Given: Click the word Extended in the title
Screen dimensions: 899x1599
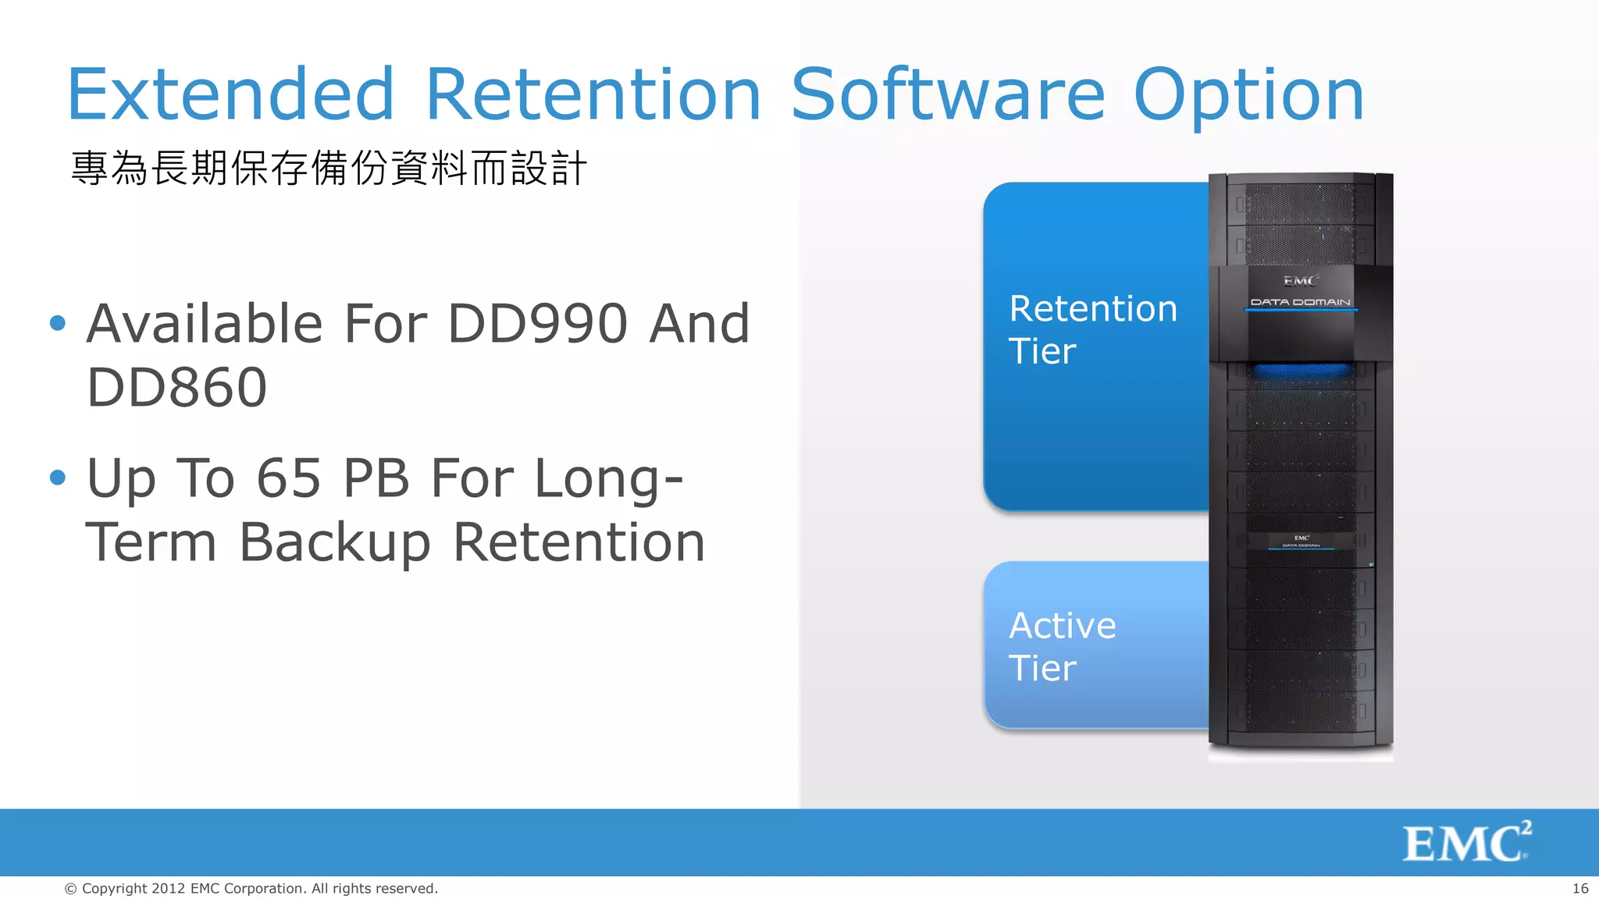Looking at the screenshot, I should click(x=231, y=95).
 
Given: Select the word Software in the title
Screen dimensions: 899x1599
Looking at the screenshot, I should click(x=948, y=95).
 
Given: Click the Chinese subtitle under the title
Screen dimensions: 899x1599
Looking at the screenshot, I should click(x=328, y=169).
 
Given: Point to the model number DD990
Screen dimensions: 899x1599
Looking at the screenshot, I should click(x=537, y=324).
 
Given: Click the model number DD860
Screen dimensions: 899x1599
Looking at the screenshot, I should click(x=176, y=388).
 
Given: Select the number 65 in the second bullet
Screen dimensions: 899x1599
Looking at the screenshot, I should click(x=289, y=478).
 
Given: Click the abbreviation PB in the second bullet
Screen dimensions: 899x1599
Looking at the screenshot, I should click(x=376, y=478).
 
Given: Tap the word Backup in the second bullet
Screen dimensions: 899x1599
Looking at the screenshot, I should click(x=335, y=543).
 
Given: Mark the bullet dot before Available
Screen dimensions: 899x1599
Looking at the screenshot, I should click(x=58, y=323).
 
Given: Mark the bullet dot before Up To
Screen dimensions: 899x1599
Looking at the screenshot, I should click(x=58, y=477).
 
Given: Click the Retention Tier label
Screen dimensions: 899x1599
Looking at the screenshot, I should click(x=1092, y=329).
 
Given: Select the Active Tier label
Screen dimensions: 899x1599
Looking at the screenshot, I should click(x=1062, y=646).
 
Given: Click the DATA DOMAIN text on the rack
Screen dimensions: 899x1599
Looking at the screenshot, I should click(x=1300, y=302).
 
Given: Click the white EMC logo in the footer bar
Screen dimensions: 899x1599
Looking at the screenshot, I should click(x=1466, y=842).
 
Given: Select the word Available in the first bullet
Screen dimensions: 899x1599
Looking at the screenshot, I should click(x=205, y=324).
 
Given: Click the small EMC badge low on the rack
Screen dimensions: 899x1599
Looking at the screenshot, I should click(x=1302, y=539).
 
